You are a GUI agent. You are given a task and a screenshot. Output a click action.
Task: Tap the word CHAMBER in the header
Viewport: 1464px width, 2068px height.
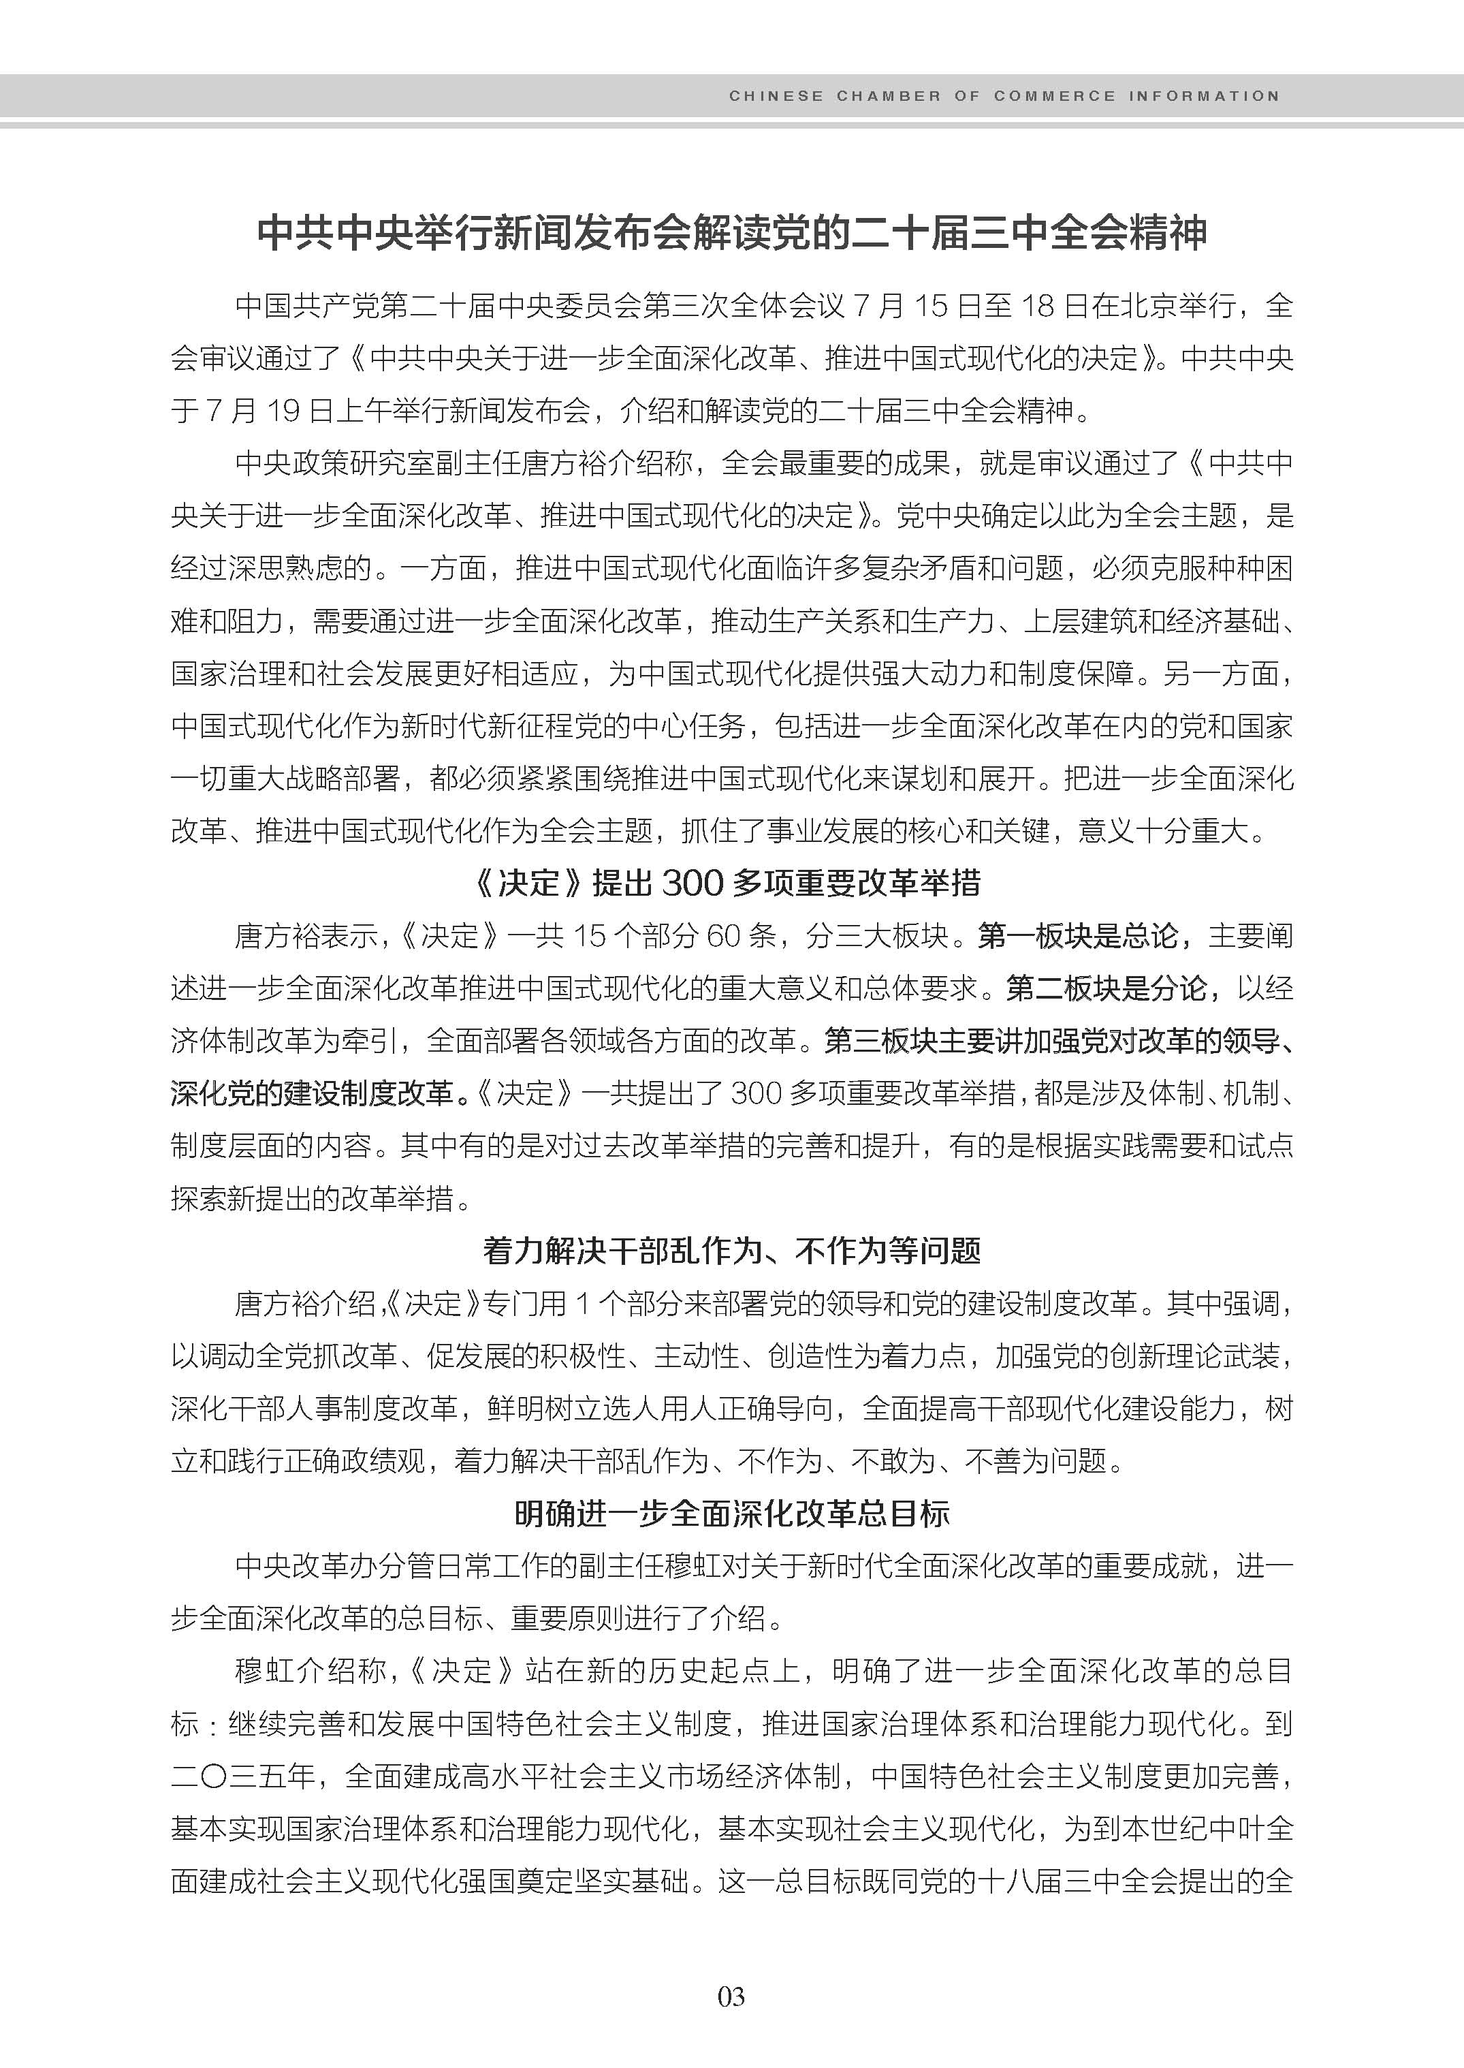888,97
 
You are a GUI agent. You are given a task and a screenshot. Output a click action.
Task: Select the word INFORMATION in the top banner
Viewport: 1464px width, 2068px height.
1203,97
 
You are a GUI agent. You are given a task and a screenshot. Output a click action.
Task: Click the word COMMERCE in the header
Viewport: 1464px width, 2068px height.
1054,97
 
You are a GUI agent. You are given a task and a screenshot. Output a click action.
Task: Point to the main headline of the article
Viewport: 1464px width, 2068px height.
731,233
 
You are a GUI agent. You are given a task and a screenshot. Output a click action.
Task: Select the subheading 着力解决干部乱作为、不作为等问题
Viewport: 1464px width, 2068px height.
731,1250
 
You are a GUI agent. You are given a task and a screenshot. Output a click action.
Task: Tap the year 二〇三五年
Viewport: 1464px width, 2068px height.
242,1776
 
